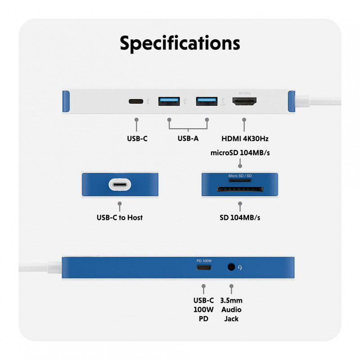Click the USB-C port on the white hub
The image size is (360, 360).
136,101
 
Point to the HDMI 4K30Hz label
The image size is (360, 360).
245,138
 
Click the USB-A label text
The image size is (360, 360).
188,138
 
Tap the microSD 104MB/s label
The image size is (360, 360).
240,153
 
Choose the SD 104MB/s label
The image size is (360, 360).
240,218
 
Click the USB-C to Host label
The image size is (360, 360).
120,218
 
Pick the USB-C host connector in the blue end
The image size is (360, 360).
120,185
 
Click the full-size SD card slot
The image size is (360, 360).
240,189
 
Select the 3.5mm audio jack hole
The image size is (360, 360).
231,267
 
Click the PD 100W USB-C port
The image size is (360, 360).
204,268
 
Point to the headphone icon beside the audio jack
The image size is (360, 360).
240,268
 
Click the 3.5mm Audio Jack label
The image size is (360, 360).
231,310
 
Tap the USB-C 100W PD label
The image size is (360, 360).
204,310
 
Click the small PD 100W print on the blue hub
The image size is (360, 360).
204,260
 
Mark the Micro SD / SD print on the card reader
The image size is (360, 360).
240,175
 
